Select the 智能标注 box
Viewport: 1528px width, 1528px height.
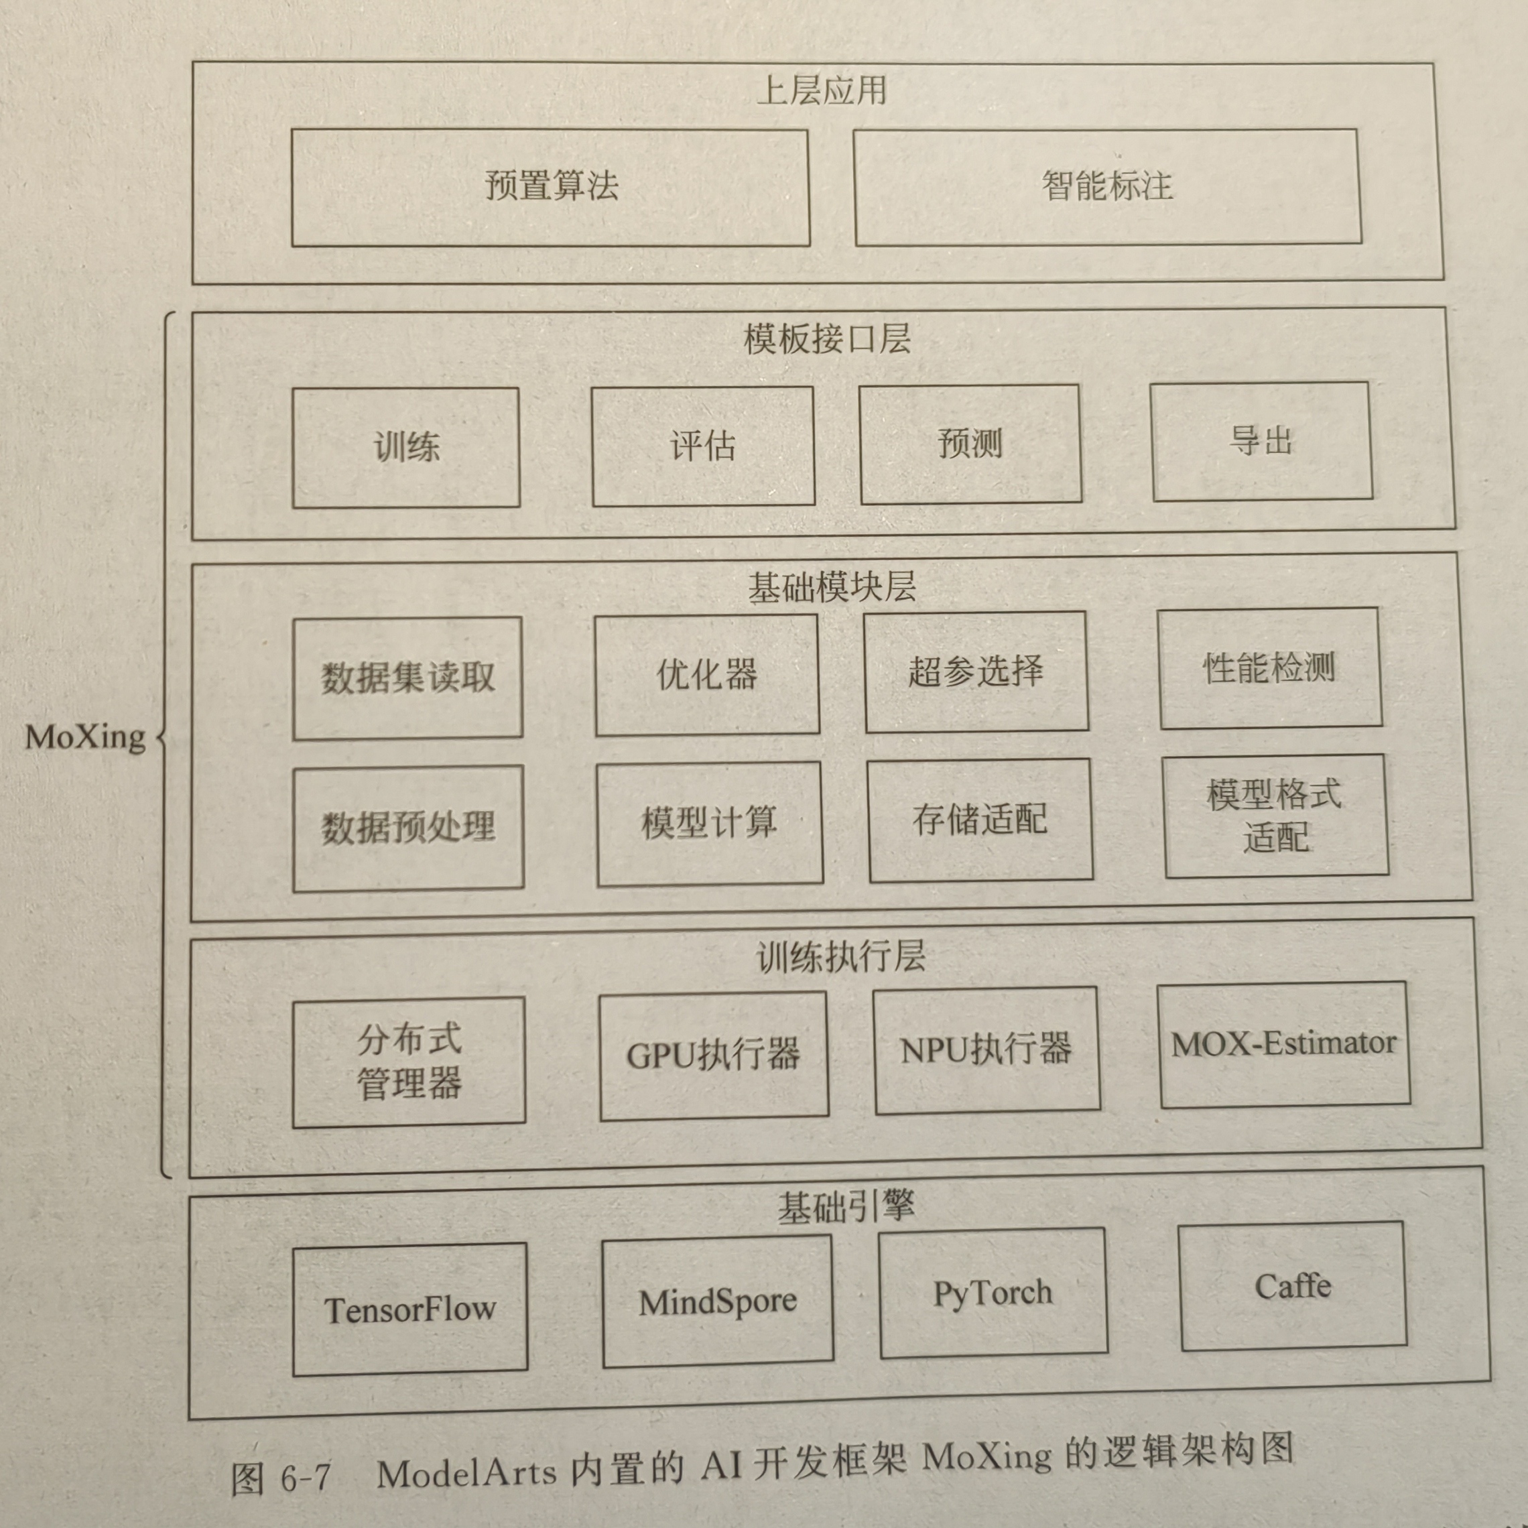(x=1107, y=187)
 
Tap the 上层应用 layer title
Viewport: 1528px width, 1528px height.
(x=822, y=91)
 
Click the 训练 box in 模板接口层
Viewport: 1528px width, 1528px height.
(x=405, y=448)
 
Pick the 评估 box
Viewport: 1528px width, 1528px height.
(x=703, y=446)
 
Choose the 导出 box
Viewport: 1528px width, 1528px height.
(x=1261, y=442)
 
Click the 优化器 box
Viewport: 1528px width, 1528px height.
(x=707, y=675)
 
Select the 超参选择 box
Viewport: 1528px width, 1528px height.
(x=976, y=672)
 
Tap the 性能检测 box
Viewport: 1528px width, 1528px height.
(x=1270, y=668)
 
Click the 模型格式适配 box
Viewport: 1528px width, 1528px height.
(x=1276, y=816)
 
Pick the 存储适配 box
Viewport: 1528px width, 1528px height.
(x=980, y=820)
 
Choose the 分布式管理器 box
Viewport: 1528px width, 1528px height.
(x=409, y=1062)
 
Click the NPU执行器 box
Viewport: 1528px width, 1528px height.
(x=986, y=1050)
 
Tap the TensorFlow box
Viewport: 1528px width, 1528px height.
(x=409, y=1310)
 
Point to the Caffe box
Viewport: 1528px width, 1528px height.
(x=1293, y=1287)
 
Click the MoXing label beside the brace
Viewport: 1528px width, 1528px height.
(x=85, y=738)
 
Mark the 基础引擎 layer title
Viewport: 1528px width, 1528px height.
(x=846, y=1208)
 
